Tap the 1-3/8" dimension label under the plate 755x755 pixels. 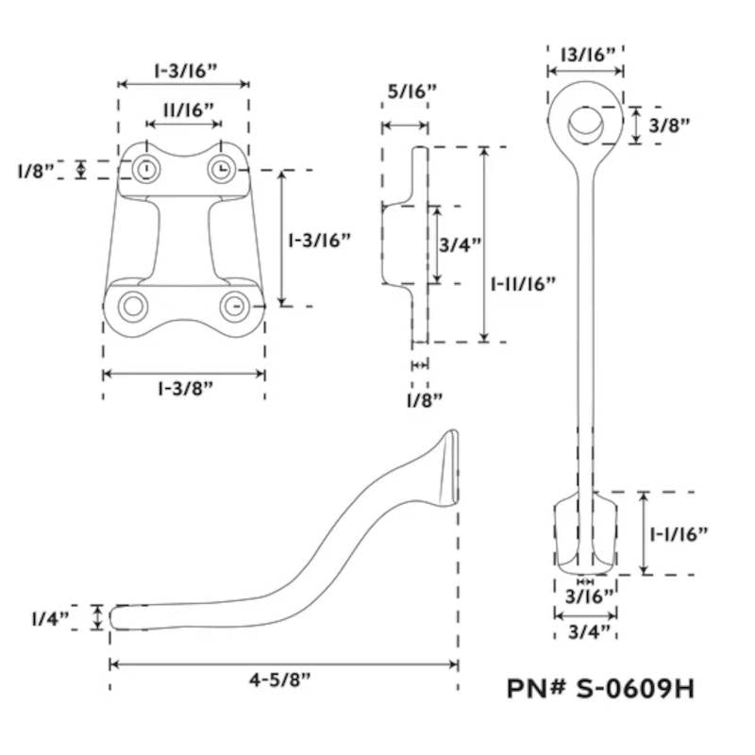[x=183, y=390]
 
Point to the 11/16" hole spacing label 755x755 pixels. [x=186, y=109]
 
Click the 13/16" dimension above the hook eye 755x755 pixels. [x=584, y=55]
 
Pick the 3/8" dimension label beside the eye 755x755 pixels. [x=672, y=124]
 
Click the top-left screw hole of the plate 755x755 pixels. [x=145, y=169]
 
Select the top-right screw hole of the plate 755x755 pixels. [x=220, y=169]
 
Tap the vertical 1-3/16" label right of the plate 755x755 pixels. [x=319, y=240]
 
